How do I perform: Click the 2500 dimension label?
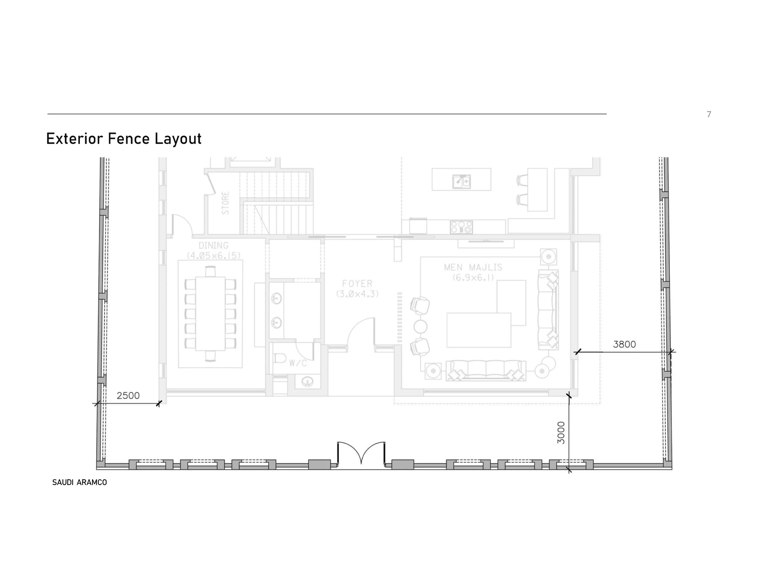point(128,396)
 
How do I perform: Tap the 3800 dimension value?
point(624,344)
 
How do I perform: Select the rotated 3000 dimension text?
point(561,433)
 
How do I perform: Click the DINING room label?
point(213,245)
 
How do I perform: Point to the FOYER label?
point(357,283)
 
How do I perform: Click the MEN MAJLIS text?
point(473,267)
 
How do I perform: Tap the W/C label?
point(298,363)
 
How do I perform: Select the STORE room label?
point(226,203)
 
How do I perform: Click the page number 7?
point(709,115)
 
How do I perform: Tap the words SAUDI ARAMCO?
point(80,482)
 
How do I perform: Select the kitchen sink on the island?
point(461,181)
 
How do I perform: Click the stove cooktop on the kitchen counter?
point(461,227)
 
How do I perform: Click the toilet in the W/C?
point(279,358)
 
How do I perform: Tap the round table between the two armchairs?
point(420,327)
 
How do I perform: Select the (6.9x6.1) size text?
point(473,277)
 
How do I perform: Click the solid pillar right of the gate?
point(402,465)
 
